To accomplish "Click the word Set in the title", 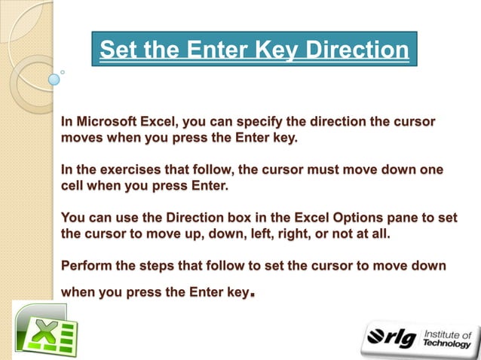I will (x=118, y=50).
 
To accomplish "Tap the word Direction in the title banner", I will (x=354, y=50).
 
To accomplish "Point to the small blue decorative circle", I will (x=54, y=78).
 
